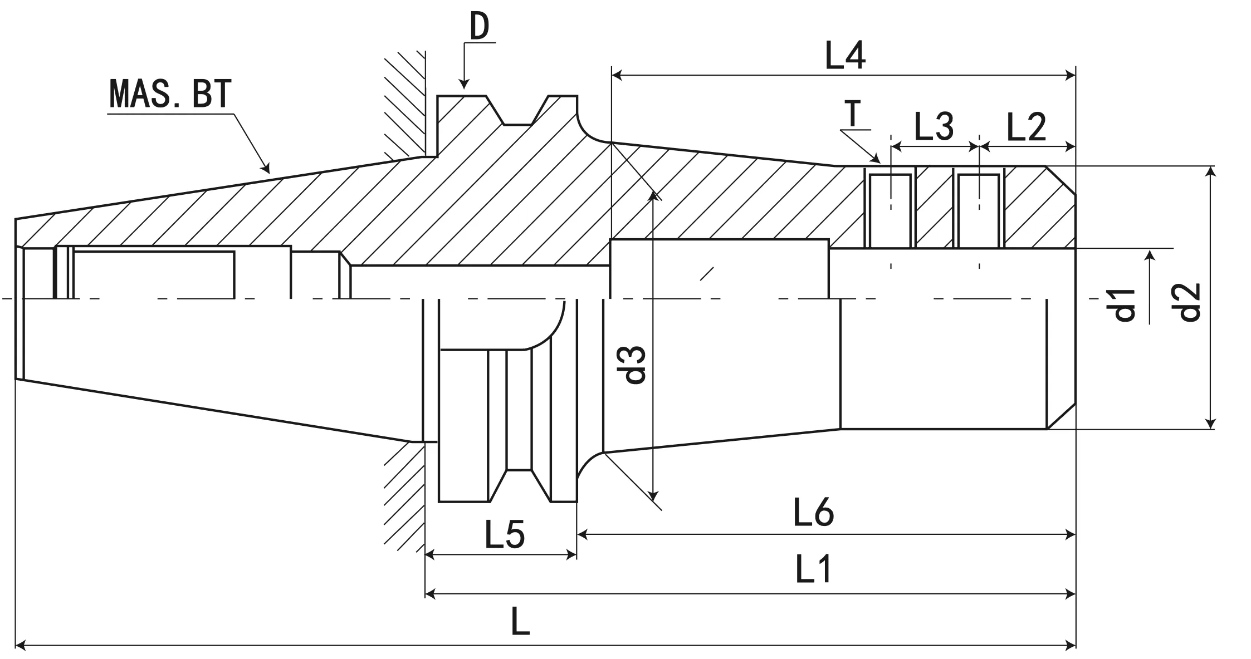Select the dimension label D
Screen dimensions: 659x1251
[x=479, y=27]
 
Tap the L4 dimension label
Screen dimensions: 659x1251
[x=845, y=56]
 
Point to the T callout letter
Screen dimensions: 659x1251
[x=852, y=115]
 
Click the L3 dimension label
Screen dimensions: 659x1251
[x=934, y=126]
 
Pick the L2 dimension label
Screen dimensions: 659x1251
[x=1026, y=127]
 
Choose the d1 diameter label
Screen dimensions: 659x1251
[x=1124, y=305]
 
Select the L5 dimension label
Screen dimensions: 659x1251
[x=505, y=534]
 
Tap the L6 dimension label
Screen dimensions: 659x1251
[x=814, y=513]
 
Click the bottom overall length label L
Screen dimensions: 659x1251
[x=520, y=622]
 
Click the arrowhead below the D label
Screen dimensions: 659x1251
[x=463, y=85]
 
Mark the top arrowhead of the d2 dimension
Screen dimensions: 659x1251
[x=1209, y=170]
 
